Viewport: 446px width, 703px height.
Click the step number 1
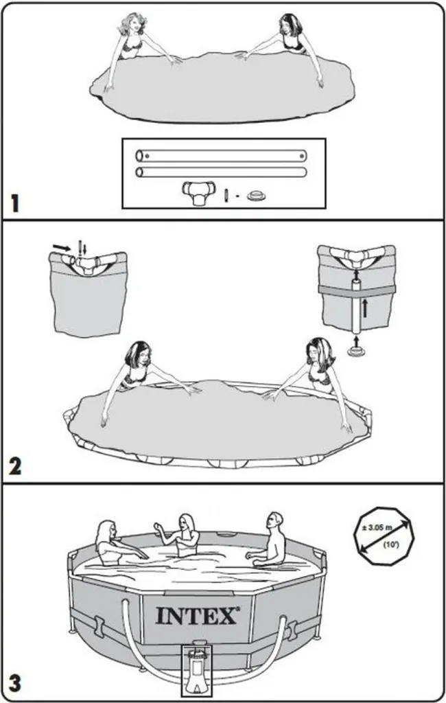pyautogui.click(x=15, y=203)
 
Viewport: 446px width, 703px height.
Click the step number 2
pyautogui.click(x=15, y=467)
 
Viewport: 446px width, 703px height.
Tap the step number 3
pyautogui.click(x=15, y=684)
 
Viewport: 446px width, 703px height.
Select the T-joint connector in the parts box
pyautogui.click(x=198, y=192)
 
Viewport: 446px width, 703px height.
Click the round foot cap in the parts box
pyautogui.click(x=257, y=196)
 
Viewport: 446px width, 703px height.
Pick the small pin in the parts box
pyautogui.click(x=226, y=196)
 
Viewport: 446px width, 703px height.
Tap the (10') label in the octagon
pyautogui.click(x=388, y=546)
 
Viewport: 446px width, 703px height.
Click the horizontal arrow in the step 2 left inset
pyautogui.click(x=61, y=247)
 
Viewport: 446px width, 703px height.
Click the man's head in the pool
pyautogui.click(x=274, y=522)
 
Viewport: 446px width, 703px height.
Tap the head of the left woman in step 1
pyautogui.click(x=132, y=25)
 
